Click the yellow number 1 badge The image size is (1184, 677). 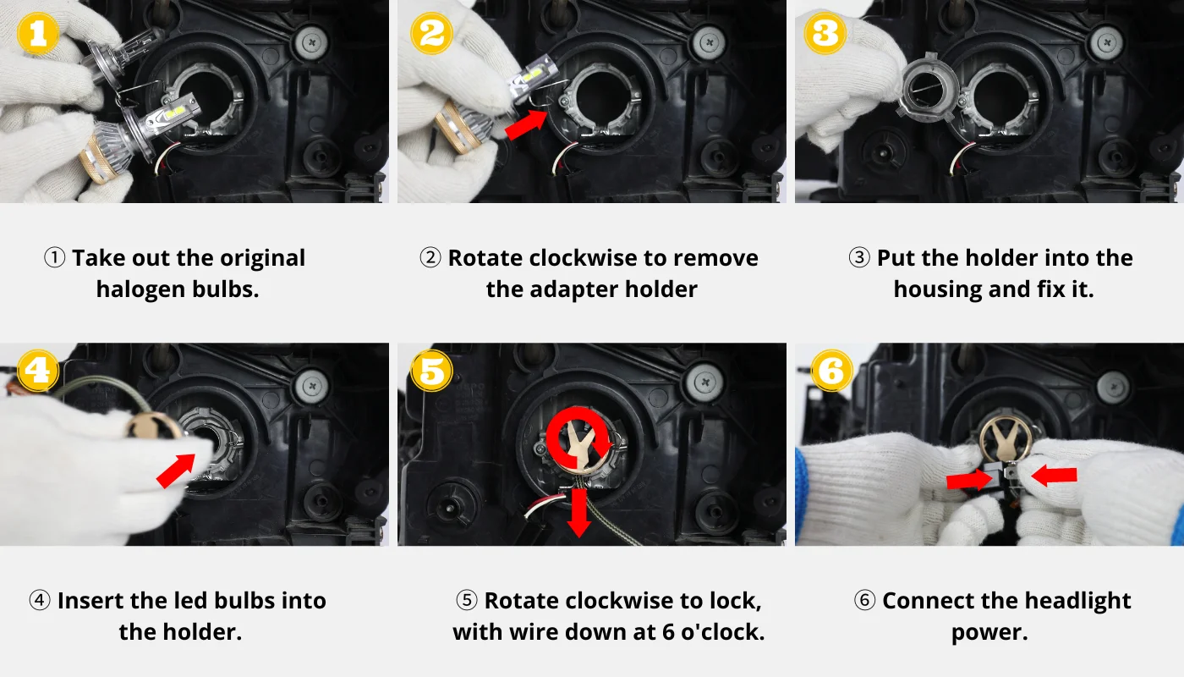click(37, 33)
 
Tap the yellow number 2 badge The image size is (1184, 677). click(431, 33)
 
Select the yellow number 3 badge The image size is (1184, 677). click(825, 33)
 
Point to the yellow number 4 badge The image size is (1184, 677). click(37, 371)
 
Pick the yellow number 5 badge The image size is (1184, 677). click(431, 371)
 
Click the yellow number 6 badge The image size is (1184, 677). click(831, 371)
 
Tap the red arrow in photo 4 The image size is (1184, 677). click(176, 471)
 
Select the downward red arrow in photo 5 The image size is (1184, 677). click(579, 513)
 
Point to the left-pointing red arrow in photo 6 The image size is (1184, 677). click(1054, 475)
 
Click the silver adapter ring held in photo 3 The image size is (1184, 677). click(929, 85)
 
